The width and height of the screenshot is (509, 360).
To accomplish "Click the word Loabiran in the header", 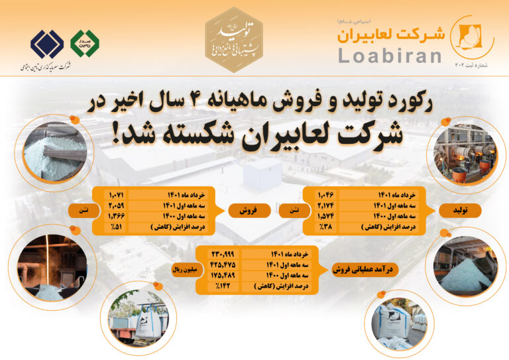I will [x=389, y=54].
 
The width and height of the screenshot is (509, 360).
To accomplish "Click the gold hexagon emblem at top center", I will [x=233, y=37].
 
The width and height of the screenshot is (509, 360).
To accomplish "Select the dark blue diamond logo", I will [x=47, y=44].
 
